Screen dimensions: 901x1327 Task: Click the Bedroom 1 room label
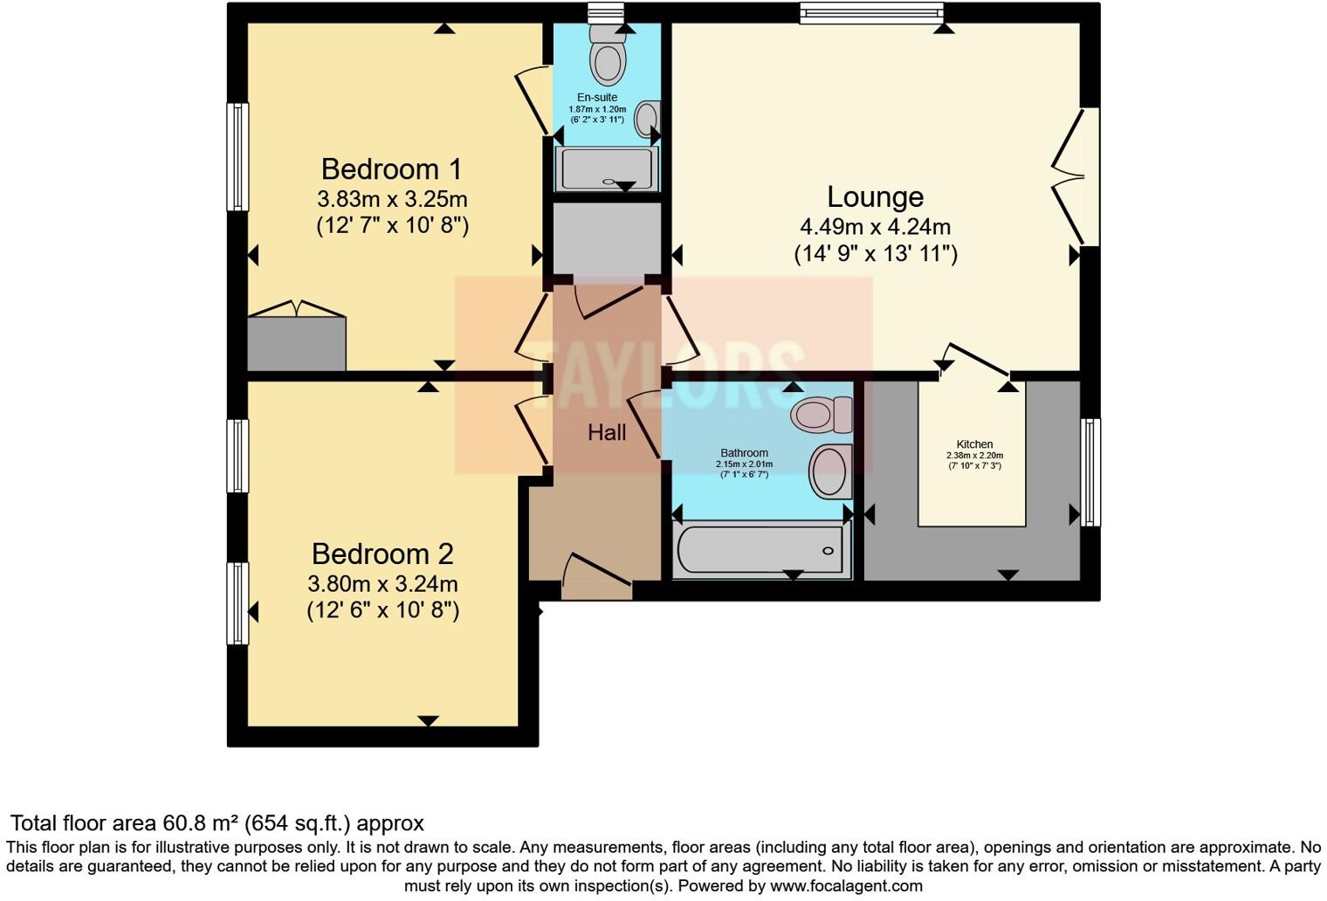[391, 169]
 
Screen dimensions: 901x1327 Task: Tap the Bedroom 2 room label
[382, 554]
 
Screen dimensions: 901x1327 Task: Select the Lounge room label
[875, 197]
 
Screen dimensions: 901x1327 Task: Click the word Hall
[607, 432]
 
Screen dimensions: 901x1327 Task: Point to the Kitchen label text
[974, 444]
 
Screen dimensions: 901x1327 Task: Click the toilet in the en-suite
[608, 54]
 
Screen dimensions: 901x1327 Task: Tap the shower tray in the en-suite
[608, 169]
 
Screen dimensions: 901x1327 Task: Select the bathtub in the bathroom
[761, 550]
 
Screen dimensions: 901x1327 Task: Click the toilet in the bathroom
[822, 413]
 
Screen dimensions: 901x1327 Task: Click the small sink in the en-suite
[648, 119]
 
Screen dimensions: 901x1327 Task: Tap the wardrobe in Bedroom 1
[297, 343]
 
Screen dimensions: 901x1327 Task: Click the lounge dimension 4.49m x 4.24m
[875, 227]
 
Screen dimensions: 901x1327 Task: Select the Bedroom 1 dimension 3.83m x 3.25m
[392, 198]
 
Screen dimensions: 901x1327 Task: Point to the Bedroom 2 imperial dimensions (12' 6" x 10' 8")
[382, 609]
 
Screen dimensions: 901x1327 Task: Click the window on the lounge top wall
[871, 12]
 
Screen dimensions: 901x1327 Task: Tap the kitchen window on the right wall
[1090, 471]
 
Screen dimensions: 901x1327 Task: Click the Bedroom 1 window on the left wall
[237, 157]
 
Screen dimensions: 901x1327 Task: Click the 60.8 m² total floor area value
[201, 823]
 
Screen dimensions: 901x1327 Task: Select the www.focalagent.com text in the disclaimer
[846, 886]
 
